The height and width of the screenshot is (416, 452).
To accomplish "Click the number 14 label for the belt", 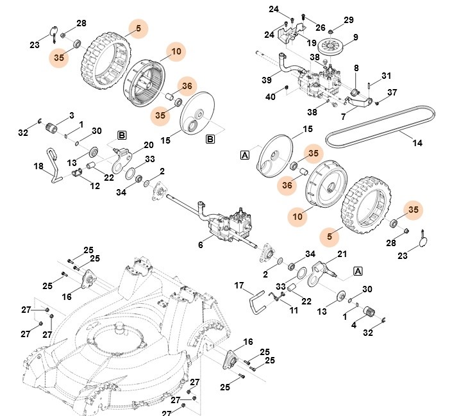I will point(417,143).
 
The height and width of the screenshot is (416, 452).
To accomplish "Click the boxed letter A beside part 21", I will point(357,271).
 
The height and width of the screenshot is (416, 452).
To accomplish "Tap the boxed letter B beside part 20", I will point(121,135).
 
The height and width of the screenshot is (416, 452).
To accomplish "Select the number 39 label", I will point(266,79).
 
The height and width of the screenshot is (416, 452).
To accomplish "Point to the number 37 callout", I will point(392,93).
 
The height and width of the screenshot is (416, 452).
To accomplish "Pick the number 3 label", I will point(72,114).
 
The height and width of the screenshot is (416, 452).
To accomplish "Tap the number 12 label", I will point(94,186).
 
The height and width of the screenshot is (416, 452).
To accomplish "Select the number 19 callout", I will point(312,44).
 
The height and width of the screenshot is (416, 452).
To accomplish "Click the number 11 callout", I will point(294,310).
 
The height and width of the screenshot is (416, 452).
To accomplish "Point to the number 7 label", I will point(344,117).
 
